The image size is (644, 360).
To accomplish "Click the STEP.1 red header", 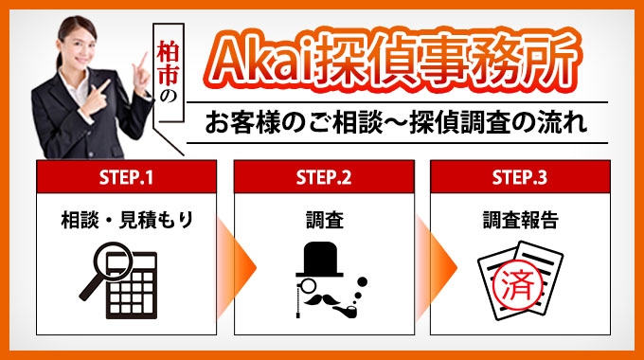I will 126,175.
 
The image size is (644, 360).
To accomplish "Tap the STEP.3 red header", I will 519,175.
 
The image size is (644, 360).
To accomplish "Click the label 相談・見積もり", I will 126,221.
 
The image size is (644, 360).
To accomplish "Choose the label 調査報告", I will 519,221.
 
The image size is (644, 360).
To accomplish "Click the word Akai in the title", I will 260,62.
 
